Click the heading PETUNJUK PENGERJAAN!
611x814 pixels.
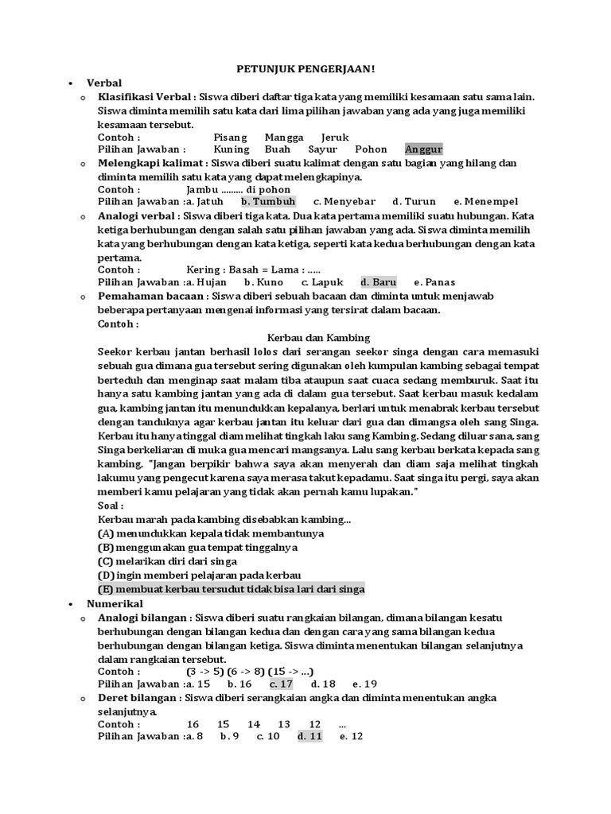(306, 68)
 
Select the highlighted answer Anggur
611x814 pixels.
(423, 149)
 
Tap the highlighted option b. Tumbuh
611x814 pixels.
(268, 201)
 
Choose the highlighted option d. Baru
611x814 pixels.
(378, 281)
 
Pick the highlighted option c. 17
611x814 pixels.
(281, 684)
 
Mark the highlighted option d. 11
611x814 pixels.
(309, 736)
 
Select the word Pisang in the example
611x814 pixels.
(231, 137)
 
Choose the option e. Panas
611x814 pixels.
(434, 281)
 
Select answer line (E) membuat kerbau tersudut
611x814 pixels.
(231, 589)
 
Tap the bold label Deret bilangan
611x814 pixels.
(138, 698)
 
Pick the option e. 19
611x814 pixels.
(364, 684)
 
